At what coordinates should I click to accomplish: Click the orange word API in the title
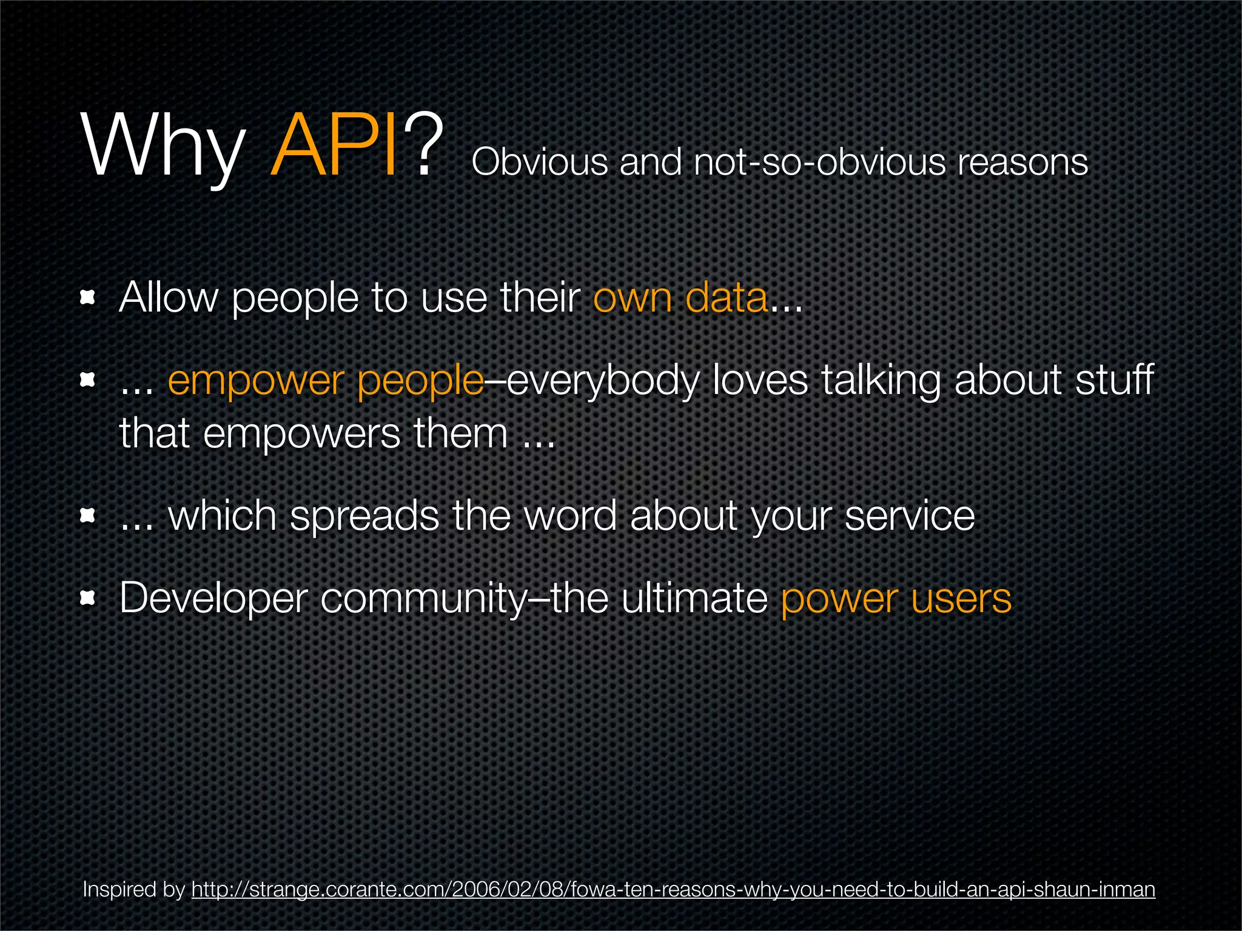[335, 147]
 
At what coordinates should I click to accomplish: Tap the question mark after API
[423, 147]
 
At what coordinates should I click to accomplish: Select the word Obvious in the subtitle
[540, 162]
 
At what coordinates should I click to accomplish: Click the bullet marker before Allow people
[89, 298]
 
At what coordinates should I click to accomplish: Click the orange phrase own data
[680, 298]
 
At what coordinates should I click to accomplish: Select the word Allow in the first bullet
[168, 298]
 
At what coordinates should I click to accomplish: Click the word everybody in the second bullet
[603, 381]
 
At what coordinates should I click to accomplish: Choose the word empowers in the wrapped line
[301, 433]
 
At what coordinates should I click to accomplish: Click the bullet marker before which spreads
[89, 516]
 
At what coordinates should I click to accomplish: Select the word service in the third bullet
[909, 516]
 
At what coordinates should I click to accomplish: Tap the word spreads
[364, 516]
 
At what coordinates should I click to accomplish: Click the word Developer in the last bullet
[213, 598]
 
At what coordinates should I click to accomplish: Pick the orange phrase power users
[896, 598]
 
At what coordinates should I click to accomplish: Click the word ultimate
[694, 598]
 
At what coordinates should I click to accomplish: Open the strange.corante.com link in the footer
[673, 890]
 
